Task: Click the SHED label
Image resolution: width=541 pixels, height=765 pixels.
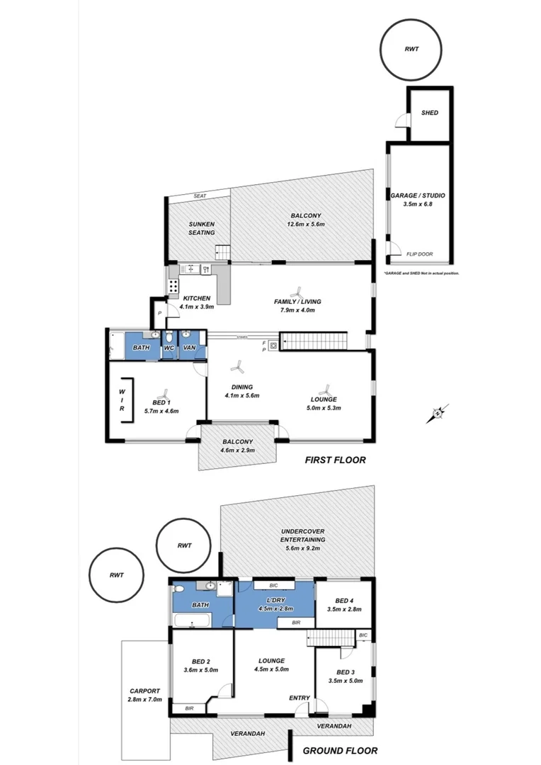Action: pyautogui.click(x=429, y=113)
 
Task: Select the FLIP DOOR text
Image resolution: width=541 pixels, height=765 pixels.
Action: pyautogui.click(x=419, y=254)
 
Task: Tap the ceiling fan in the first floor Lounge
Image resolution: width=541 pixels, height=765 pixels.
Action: pyautogui.click(x=326, y=390)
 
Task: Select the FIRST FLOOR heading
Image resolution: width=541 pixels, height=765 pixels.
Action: pyautogui.click(x=335, y=460)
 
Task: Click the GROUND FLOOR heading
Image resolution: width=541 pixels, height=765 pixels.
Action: pyautogui.click(x=340, y=751)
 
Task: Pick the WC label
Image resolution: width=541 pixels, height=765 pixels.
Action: pyautogui.click(x=169, y=348)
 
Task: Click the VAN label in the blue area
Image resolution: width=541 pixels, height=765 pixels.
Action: pyautogui.click(x=189, y=348)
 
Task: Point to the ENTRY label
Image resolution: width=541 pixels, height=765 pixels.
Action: pyautogui.click(x=299, y=698)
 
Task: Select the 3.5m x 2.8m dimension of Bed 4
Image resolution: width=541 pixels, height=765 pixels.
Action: pyautogui.click(x=344, y=608)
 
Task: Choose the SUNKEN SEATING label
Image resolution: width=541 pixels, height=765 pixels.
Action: pyautogui.click(x=201, y=228)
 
